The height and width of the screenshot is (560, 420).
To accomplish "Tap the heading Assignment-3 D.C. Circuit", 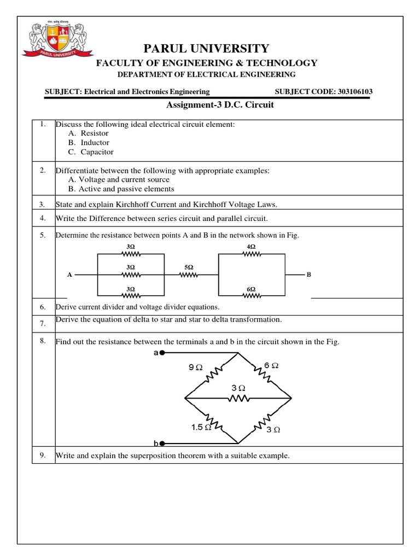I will (x=219, y=105).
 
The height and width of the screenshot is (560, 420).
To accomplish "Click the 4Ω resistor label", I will (x=251, y=247).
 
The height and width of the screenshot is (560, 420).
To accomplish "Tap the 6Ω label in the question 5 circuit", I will (x=251, y=288).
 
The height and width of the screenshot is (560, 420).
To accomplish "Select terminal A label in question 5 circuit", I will (x=69, y=275).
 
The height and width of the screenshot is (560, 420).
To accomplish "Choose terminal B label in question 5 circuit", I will (x=308, y=275).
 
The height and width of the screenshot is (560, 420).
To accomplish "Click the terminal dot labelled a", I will (x=162, y=353).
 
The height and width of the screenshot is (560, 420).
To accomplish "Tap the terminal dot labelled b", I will (x=162, y=444).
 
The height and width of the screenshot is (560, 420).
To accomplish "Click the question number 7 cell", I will (x=42, y=324).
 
